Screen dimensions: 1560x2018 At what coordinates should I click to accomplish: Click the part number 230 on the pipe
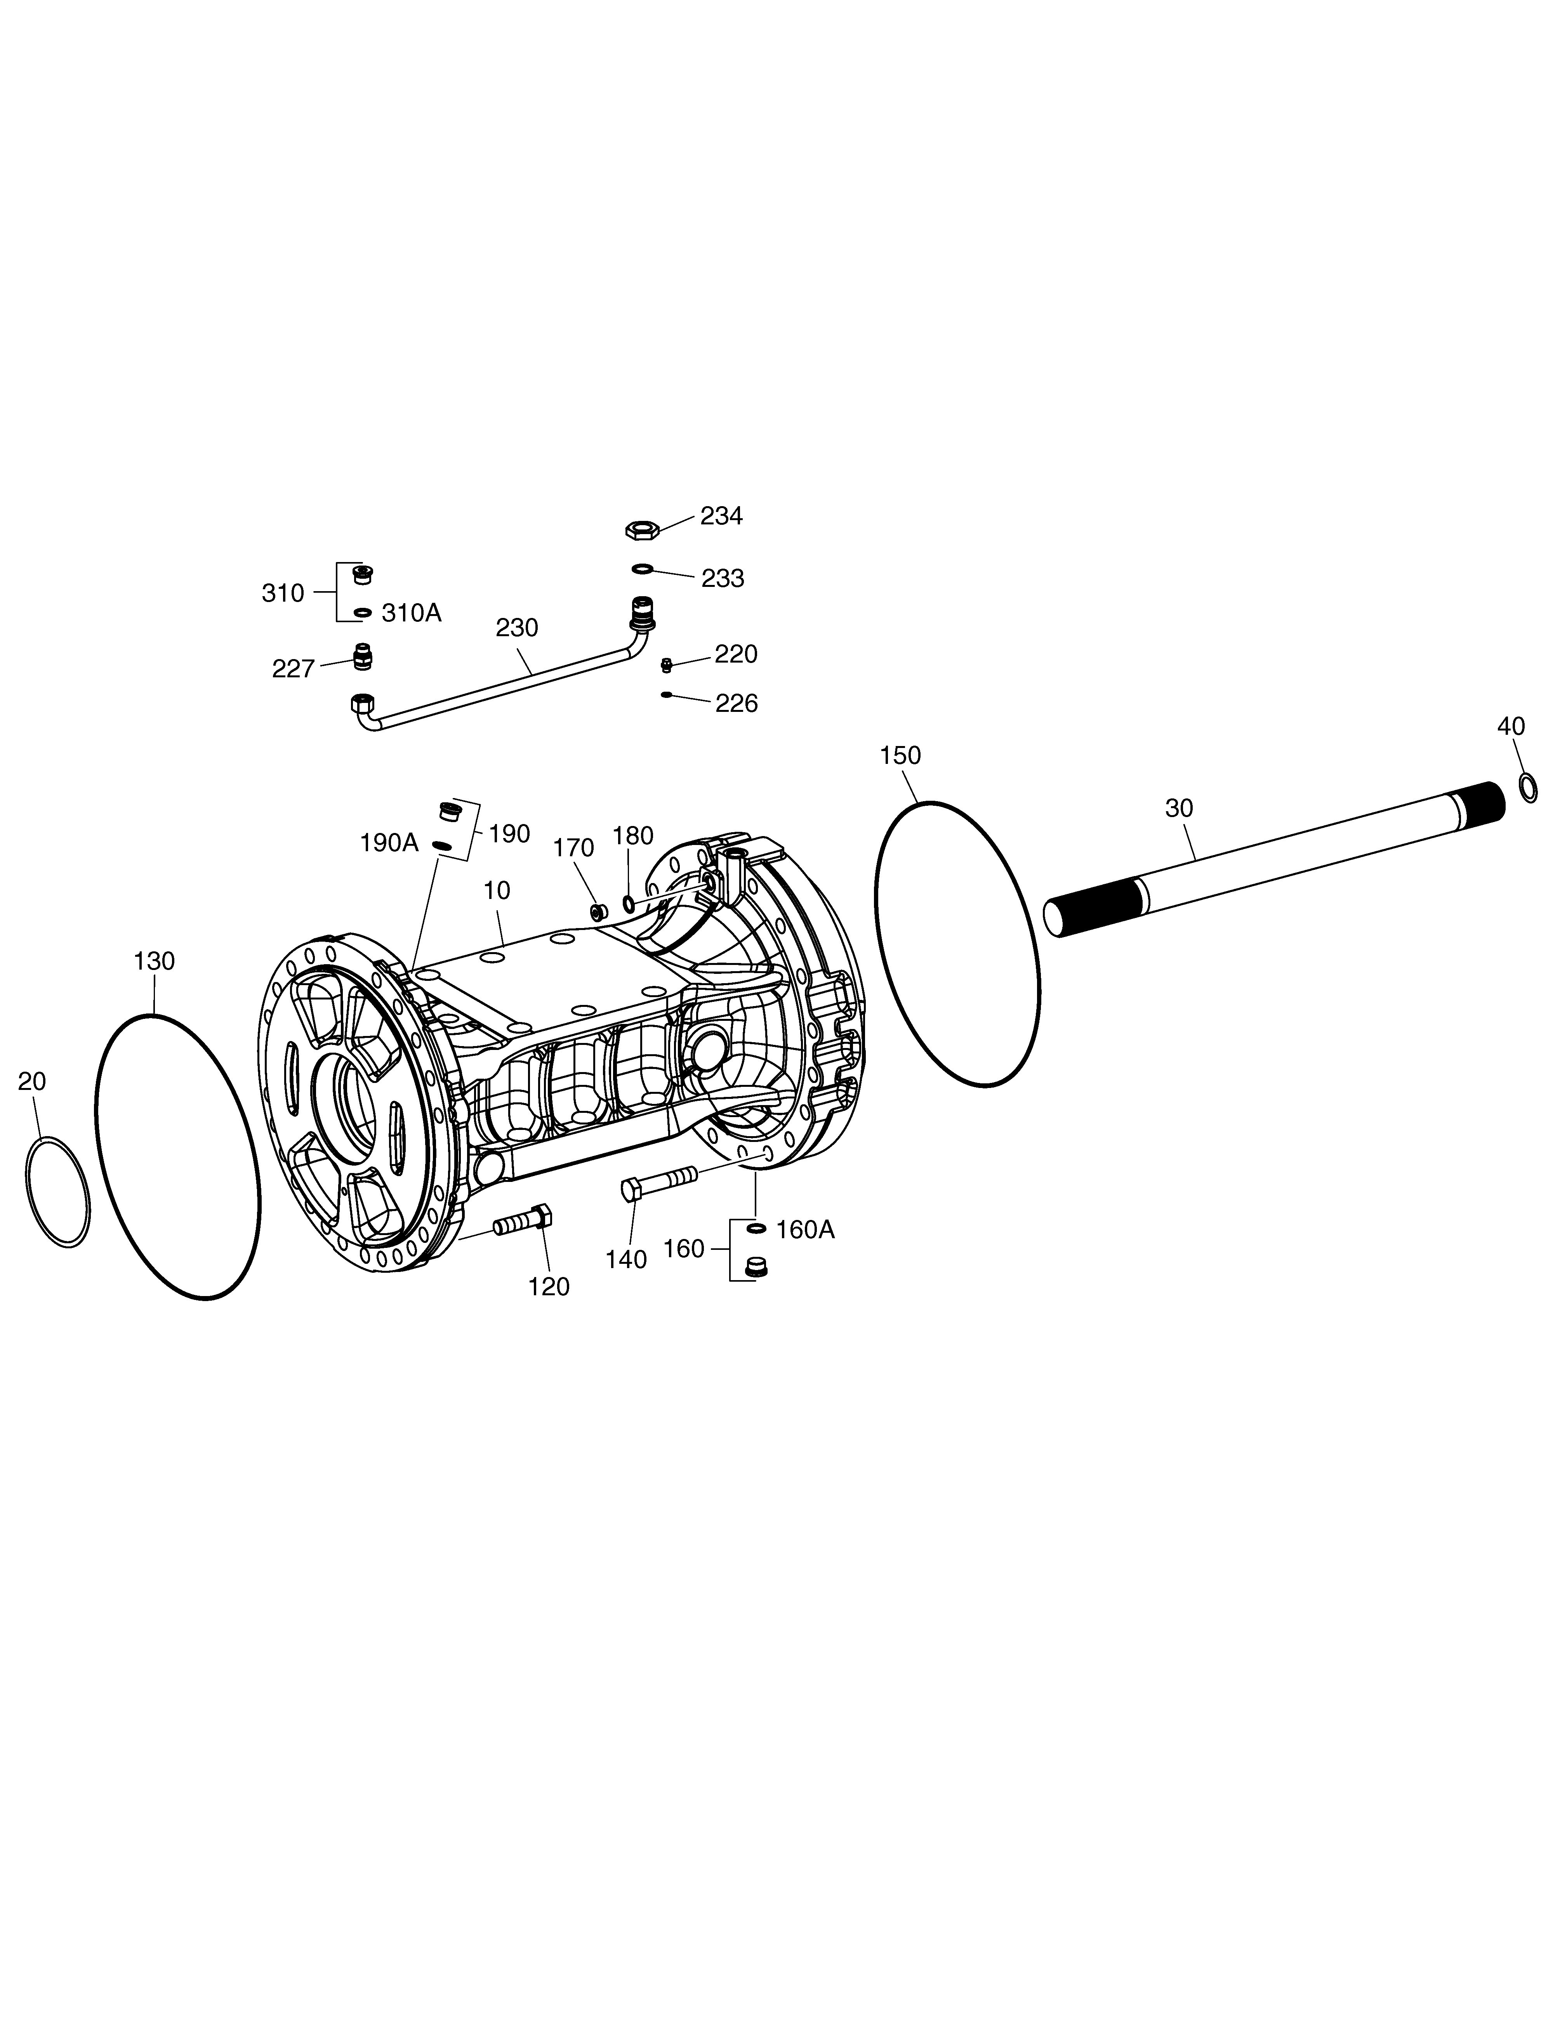click(x=517, y=627)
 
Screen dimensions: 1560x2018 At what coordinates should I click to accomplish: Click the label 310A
click(x=411, y=613)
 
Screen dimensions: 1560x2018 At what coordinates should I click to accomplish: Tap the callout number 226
click(x=737, y=704)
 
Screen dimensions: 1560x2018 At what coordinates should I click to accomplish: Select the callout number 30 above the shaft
click(x=1179, y=809)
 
